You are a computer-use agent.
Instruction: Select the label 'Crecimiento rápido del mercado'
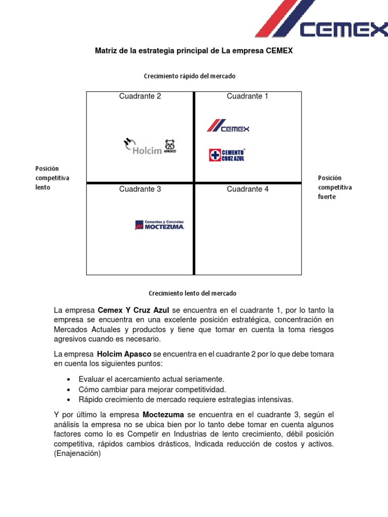tap(189, 76)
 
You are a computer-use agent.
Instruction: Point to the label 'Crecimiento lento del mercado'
tap(192, 293)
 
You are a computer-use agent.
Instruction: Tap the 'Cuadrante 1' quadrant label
tap(248, 96)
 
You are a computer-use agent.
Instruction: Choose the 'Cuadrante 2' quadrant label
tap(140, 96)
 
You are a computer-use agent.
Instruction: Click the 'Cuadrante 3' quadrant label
tap(140, 189)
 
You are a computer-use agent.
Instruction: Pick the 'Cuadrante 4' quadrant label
tap(248, 189)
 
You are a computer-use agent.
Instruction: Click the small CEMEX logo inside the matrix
tap(228, 126)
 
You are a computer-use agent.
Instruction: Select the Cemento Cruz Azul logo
tap(227, 154)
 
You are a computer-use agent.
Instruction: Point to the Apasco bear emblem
tap(169, 145)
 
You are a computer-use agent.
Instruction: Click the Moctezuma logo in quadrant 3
tap(159, 225)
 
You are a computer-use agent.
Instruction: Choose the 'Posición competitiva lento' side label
tap(52, 178)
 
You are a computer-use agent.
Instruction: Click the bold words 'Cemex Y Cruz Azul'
tap(133, 310)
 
